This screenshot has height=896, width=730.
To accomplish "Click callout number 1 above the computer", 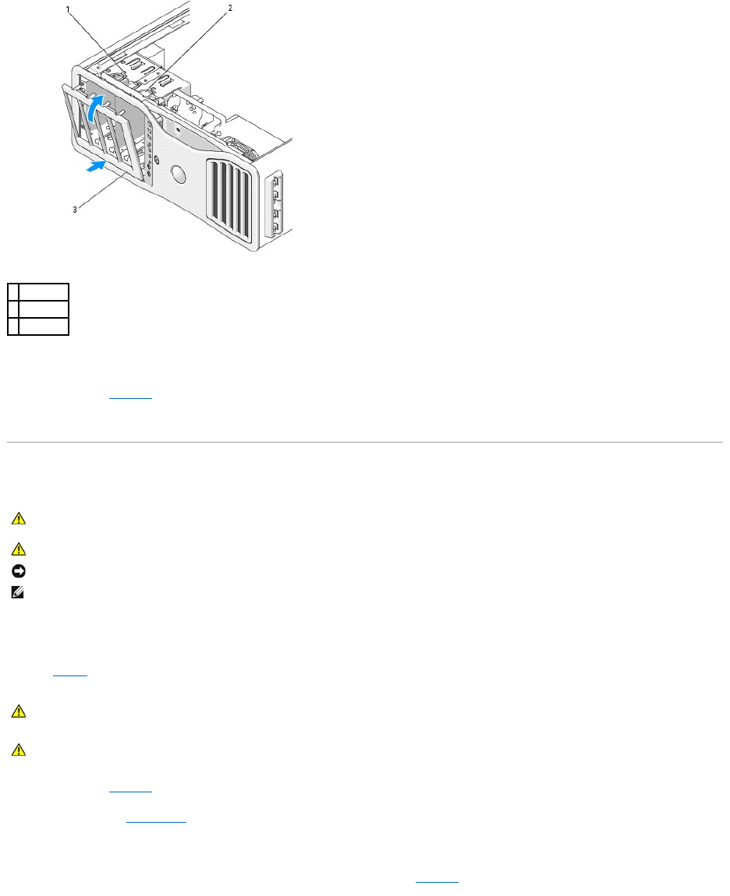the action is pyautogui.click(x=69, y=10).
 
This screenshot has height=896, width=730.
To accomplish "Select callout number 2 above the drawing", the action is pyautogui.click(x=230, y=9).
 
